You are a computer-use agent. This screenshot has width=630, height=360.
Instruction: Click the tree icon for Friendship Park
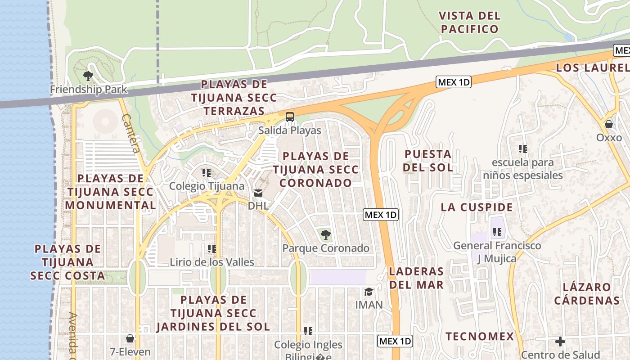[88, 76]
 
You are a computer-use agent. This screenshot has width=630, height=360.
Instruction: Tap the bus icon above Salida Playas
[290, 117]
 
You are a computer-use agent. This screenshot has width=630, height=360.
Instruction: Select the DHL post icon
[258, 193]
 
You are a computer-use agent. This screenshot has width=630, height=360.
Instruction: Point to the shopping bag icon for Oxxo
[609, 124]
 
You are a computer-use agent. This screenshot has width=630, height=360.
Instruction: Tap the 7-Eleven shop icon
[130, 338]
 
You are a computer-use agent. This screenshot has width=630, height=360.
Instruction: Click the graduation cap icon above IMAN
[369, 292]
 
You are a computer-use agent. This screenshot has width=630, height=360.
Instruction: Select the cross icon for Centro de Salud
[560, 342]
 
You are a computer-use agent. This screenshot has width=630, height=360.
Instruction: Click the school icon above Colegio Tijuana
[207, 172]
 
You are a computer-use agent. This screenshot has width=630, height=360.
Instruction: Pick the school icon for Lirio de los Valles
[212, 248]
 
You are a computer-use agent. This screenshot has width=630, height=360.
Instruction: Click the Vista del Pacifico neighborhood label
[470, 22]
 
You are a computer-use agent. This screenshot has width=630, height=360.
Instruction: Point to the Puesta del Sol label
[427, 161]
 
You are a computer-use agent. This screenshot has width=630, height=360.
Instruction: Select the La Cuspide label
[477, 207]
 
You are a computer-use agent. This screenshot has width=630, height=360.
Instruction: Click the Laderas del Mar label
[416, 278]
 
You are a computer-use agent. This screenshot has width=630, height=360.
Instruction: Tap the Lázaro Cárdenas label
[587, 293]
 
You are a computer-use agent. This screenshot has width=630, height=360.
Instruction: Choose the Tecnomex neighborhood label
[480, 336]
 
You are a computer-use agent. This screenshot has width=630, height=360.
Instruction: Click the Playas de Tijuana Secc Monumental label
[111, 192]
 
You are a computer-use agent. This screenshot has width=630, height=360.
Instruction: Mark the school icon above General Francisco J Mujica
[497, 232]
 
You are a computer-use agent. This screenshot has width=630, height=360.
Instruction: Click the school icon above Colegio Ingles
[308, 331]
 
